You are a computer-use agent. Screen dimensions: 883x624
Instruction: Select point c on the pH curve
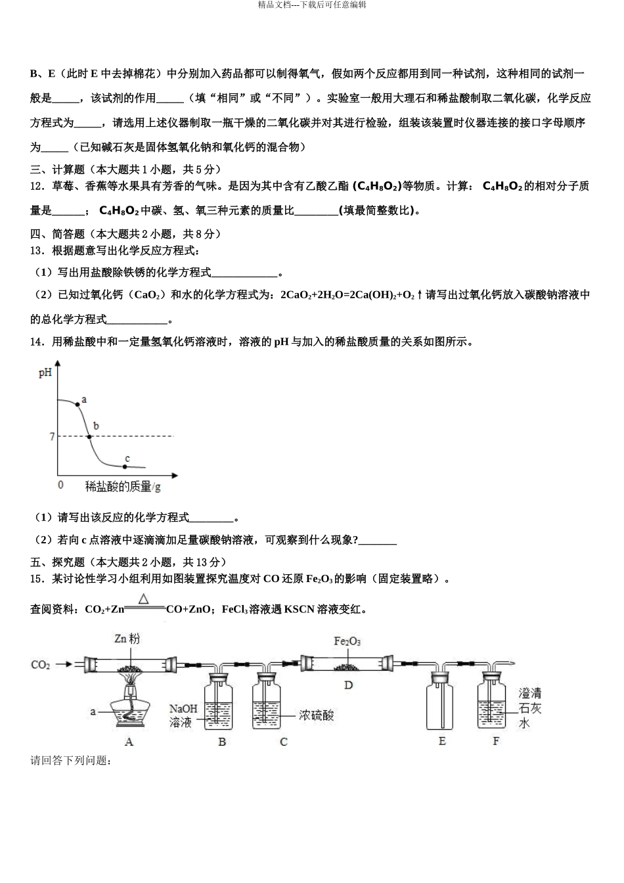point(125,466)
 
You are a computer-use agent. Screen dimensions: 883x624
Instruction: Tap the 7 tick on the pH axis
point(52,437)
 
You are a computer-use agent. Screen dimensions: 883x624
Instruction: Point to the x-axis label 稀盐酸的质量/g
point(123,486)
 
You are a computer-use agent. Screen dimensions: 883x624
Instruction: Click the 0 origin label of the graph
point(61,485)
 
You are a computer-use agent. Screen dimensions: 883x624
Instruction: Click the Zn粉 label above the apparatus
point(127,639)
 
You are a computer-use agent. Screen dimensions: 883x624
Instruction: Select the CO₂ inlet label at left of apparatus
point(40,665)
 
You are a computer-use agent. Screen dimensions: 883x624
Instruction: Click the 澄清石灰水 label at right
point(529,708)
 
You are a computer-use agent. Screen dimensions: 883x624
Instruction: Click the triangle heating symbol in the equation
point(144,599)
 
